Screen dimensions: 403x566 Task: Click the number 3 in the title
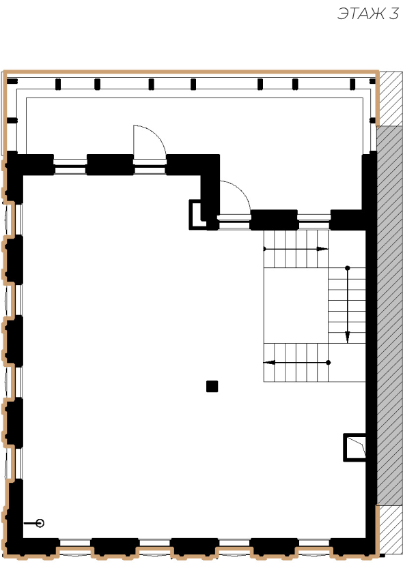point(393,14)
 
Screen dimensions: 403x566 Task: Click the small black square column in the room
point(212,386)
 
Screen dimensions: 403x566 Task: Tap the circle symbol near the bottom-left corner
point(40,523)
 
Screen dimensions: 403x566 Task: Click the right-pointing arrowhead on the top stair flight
point(322,249)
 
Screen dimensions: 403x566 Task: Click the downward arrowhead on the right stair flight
point(348,337)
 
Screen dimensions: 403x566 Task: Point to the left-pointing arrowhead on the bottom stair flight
point(269,362)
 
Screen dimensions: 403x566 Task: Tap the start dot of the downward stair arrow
point(348,268)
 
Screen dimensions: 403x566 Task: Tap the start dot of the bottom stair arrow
point(328,362)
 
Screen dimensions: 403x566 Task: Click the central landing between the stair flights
point(296,306)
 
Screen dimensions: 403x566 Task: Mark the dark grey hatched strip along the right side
point(389,316)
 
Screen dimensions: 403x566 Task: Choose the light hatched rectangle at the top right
point(391,99)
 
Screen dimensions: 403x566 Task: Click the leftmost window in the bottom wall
point(75,543)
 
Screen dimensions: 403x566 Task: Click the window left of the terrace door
point(70,166)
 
